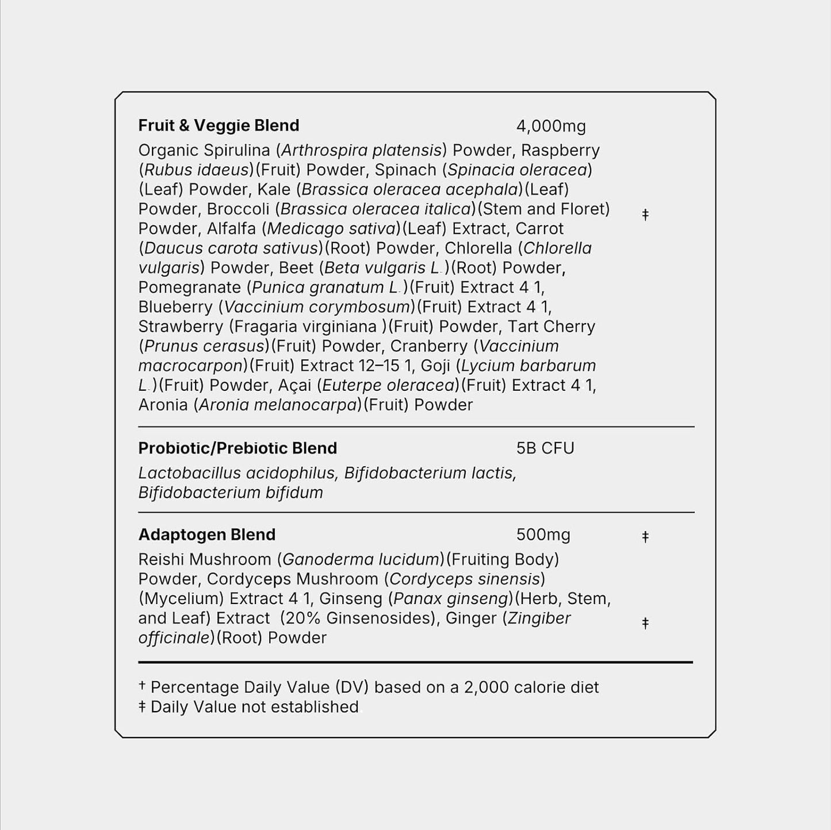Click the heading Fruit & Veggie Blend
click(219, 125)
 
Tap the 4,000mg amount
click(551, 126)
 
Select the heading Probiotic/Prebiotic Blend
click(238, 448)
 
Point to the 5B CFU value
click(545, 448)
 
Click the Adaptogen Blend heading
click(206, 535)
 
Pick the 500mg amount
click(543, 535)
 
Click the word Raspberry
click(560, 151)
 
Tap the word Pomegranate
click(189, 287)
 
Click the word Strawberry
click(180, 326)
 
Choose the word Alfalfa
click(230, 229)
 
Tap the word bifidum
click(294, 493)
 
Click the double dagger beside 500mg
click(645, 536)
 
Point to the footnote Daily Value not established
click(254, 707)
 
